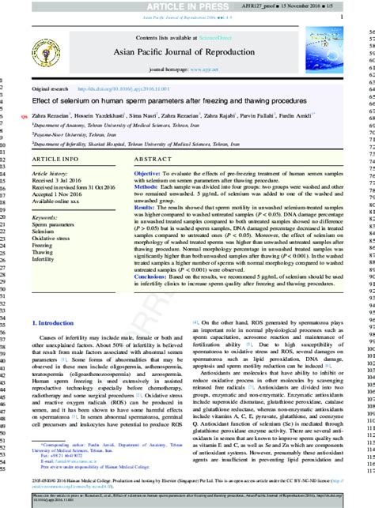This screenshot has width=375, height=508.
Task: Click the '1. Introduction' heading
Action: (x=55, y=368)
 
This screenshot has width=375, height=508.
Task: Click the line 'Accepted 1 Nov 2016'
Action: (x=59, y=194)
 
